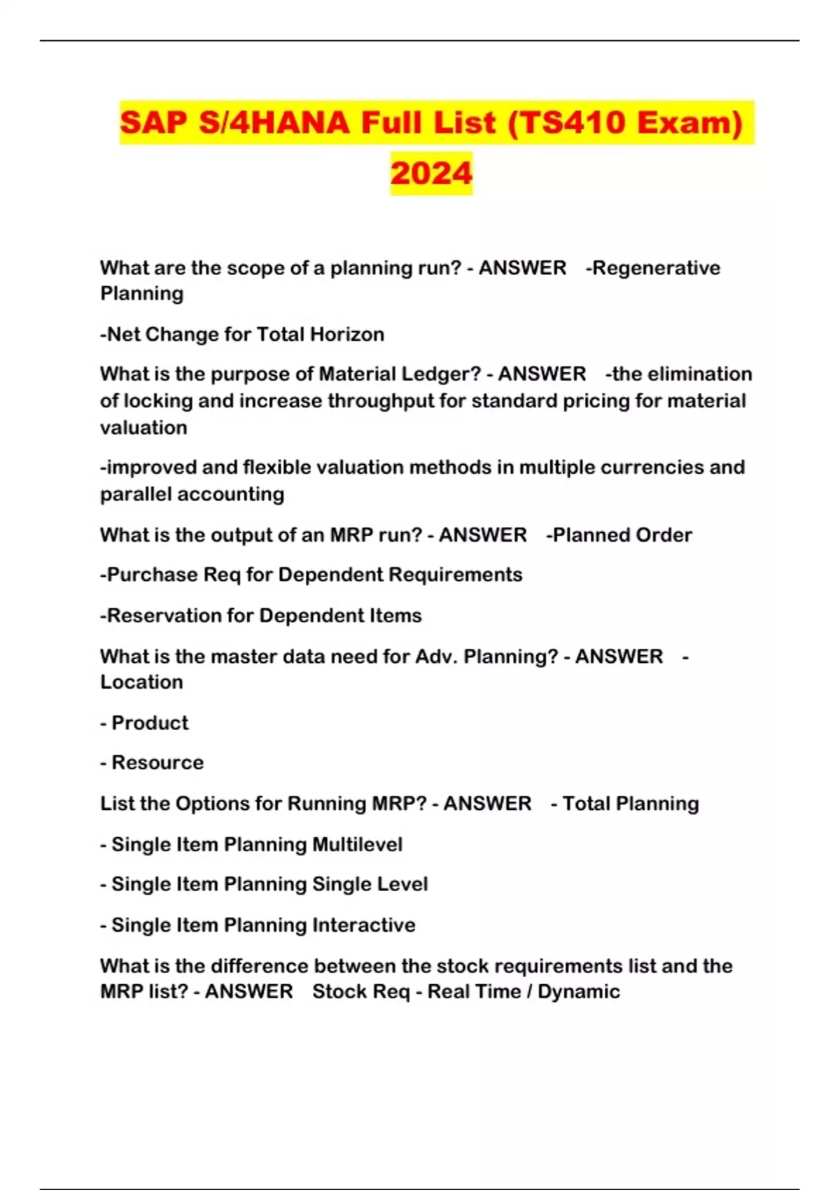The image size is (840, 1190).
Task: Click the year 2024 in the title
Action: tap(431, 174)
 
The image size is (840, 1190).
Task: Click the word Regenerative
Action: tap(656, 268)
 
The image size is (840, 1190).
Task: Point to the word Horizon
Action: tap(347, 335)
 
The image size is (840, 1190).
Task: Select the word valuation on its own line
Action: tap(143, 428)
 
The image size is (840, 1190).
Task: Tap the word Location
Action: tap(141, 682)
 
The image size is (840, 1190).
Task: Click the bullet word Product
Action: tap(150, 722)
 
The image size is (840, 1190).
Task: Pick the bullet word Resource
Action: tap(157, 762)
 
